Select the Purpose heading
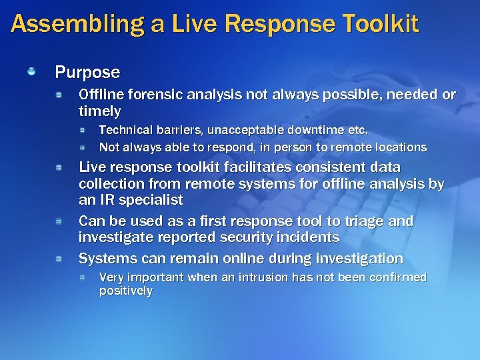(87, 71)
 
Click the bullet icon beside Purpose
(31, 71)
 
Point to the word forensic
(147, 95)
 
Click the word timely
(100, 111)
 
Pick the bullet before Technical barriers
(82, 129)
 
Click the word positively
(125, 291)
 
